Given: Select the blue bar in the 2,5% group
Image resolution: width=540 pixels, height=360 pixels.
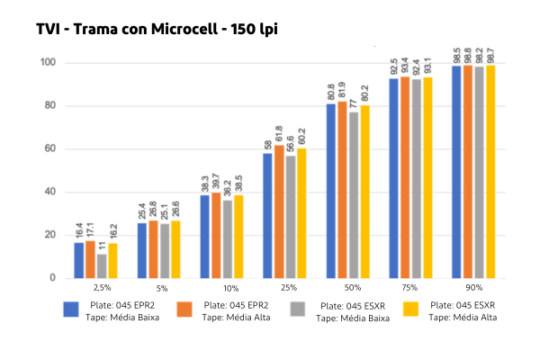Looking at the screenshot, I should tap(79, 260).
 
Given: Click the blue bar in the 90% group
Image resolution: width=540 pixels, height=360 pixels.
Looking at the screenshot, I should tap(456, 172).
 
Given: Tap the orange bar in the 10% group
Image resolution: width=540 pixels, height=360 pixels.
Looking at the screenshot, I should tap(216, 235).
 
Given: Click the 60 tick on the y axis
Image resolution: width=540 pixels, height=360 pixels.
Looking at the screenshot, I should tap(50, 149).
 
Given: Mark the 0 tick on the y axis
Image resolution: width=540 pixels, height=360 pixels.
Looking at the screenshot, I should tap(53, 278).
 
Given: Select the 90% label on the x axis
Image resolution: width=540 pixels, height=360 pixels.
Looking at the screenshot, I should tap(473, 289).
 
